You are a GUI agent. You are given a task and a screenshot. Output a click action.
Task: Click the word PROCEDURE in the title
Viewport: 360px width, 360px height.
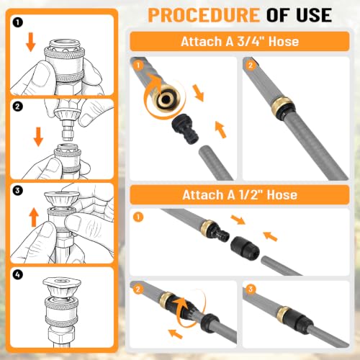coord(204,15)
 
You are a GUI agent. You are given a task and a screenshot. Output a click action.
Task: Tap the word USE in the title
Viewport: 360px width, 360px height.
coord(314,15)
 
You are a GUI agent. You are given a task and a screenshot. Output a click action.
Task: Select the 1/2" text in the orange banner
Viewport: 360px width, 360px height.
coord(250,194)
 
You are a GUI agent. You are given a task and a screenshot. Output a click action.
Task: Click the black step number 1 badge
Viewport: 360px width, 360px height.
coord(17,23)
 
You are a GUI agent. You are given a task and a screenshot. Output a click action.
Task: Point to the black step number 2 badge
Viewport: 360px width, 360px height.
coord(17,107)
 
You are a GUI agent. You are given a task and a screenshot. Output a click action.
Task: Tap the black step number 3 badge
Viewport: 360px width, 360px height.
coord(17,191)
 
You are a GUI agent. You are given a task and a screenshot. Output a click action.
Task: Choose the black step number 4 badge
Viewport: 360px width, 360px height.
coord(17,274)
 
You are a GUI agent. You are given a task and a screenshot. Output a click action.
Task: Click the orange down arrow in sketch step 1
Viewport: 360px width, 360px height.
coord(31,42)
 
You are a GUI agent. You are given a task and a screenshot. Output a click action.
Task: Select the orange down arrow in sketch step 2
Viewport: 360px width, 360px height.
coord(38,137)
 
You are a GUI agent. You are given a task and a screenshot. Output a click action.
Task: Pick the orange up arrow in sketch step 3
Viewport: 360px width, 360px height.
coord(34,217)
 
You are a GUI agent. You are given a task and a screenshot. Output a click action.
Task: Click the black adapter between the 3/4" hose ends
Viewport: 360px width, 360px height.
coord(186,129)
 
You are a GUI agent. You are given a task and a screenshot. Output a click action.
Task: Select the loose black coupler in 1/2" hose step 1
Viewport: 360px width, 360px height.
coord(245,248)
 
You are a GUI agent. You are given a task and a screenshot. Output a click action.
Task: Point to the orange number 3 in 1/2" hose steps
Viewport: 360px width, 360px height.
coord(251,289)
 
